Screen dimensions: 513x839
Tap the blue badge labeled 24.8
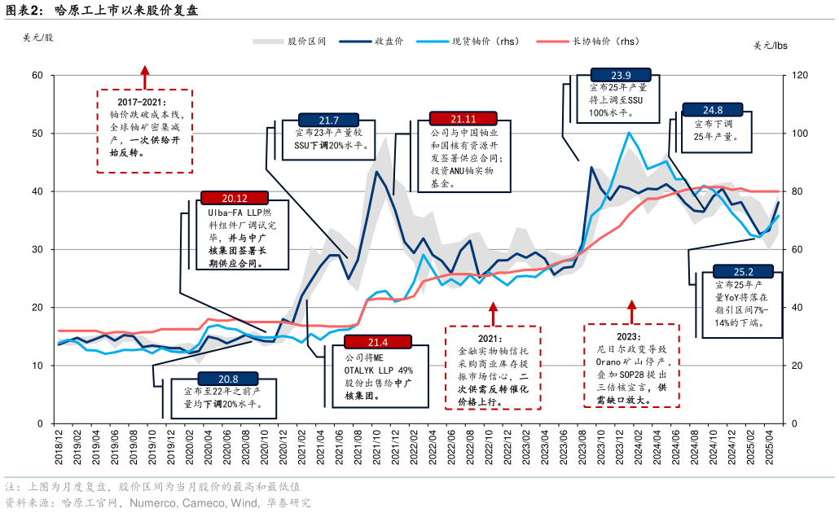point(713,110)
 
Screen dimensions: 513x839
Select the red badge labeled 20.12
point(235,198)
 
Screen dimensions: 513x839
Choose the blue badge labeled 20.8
point(228,379)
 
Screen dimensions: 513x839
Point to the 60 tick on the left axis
point(36,76)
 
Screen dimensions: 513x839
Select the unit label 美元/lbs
point(770,45)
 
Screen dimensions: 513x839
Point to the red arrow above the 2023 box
point(631,310)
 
